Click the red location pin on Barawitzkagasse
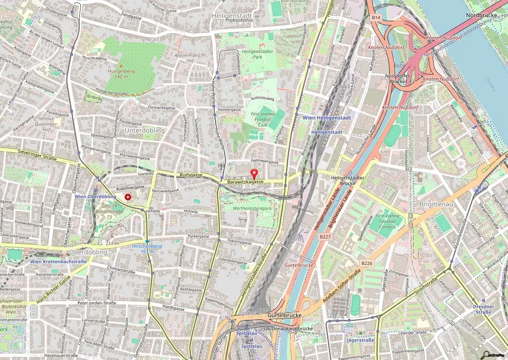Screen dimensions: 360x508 (254, 174)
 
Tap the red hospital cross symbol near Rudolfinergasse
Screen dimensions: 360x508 (128, 197)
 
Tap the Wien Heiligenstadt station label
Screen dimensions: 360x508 (326, 118)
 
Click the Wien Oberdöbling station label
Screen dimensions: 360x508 (95, 196)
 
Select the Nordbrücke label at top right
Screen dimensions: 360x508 (482, 16)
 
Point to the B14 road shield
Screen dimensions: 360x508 (376, 17)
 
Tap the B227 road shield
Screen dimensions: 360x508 (325, 237)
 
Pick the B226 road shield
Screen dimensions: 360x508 (367, 263)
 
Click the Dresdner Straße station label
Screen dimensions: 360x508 (483, 309)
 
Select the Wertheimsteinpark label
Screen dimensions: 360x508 (253, 208)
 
